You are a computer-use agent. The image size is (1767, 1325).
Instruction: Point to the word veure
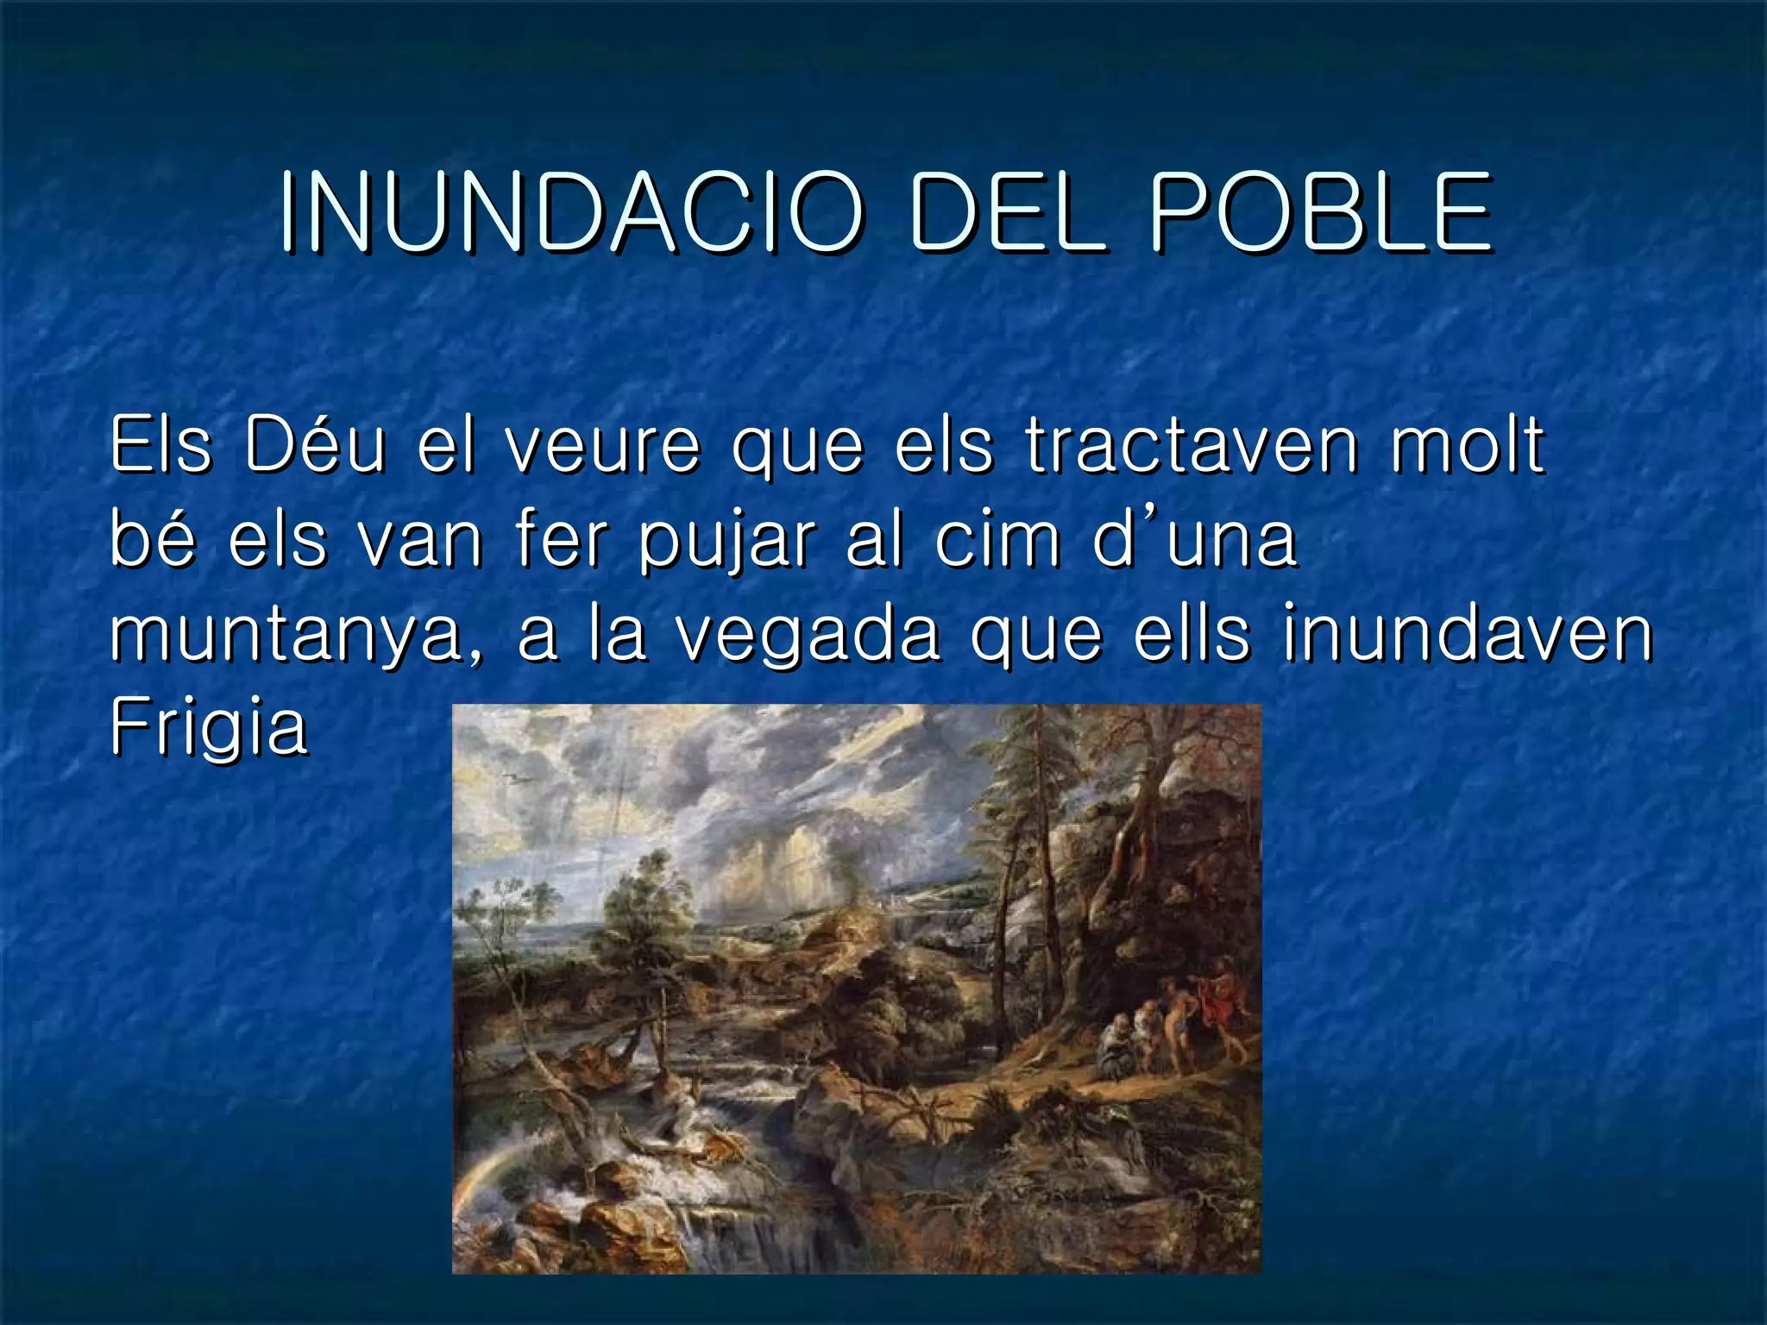(x=602, y=446)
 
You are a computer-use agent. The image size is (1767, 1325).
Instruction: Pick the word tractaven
(x=1192, y=446)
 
